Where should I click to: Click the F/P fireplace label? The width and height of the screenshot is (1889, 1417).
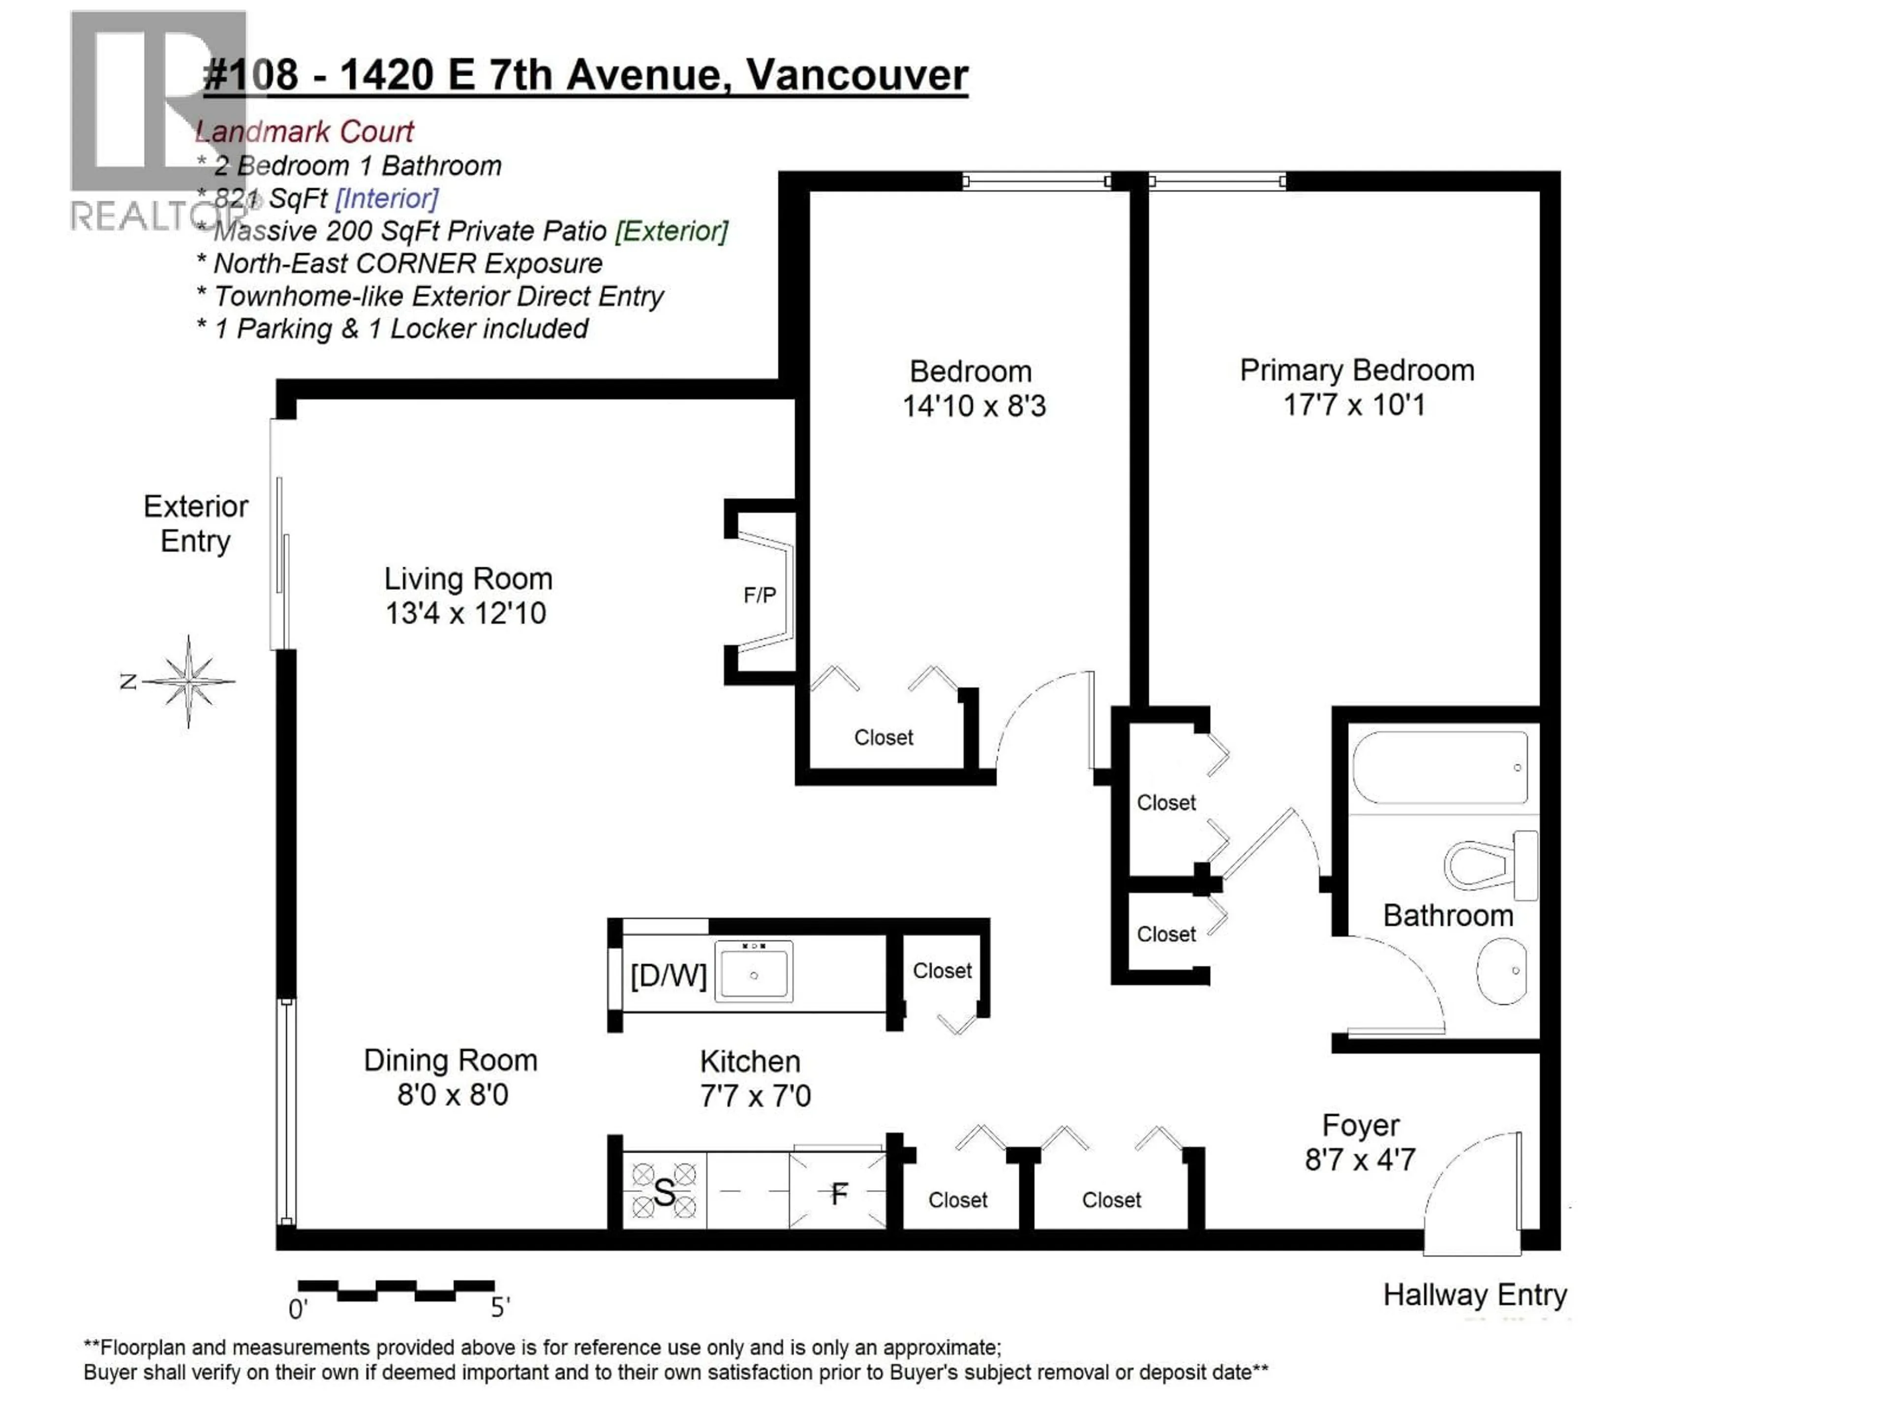click(x=759, y=595)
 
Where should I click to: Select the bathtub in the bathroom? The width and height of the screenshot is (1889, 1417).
click(x=1440, y=767)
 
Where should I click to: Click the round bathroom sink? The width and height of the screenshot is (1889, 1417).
click(x=1501, y=971)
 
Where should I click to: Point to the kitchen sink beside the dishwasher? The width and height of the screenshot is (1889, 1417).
click(x=753, y=971)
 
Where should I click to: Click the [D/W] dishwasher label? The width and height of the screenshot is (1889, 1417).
click(x=668, y=975)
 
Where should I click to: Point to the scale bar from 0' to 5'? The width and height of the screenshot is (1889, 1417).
click(x=396, y=1290)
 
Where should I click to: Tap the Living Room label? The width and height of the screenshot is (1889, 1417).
click(x=468, y=579)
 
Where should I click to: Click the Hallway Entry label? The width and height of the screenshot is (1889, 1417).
click(x=1475, y=1295)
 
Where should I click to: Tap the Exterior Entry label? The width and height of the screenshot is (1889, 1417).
click(x=196, y=524)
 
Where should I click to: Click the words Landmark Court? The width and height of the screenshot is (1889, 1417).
click(x=305, y=131)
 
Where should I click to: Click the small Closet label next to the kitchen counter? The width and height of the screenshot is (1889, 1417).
click(x=942, y=971)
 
